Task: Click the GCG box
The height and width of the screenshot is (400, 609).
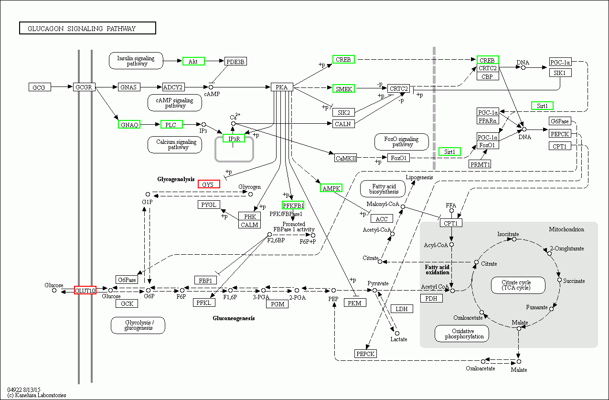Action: pos(39,87)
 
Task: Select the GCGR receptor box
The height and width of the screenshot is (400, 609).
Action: pos(85,87)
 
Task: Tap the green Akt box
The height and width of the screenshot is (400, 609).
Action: pos(193,61)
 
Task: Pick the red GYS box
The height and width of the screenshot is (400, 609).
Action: pos(209,184)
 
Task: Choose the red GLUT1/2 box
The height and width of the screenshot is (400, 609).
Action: pos(85,290)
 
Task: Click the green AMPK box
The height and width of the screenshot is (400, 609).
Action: pos(331,188)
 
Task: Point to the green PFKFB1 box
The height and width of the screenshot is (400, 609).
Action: pos(293,205)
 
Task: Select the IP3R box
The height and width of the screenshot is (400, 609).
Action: pos(234,139)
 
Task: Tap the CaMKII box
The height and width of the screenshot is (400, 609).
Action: pos(346,158)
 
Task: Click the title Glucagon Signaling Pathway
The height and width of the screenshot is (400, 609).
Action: pos(87,29)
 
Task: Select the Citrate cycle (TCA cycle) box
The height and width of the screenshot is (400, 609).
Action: pos(518,285)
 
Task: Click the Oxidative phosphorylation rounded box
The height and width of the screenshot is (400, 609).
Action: pos(462,334)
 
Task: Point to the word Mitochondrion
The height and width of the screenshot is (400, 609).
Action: pos(566,229)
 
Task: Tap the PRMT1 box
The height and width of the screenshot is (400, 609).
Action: pos(480,164)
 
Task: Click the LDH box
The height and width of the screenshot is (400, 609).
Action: pos(402,309)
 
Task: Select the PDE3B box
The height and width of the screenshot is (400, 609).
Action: pos(235,62)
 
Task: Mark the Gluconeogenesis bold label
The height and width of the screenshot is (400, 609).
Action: pos(234,318)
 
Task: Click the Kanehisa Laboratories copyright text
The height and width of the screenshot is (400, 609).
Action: pos(37,395)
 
